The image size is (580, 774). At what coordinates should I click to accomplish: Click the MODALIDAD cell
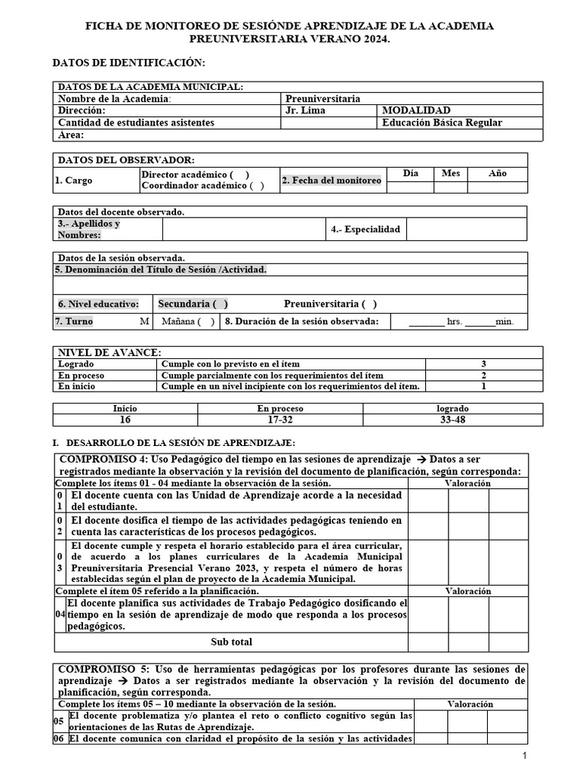click(416, 110)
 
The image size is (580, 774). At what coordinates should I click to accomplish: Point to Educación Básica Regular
click(442, 122)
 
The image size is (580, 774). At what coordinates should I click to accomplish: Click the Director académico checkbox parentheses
click(239, 175)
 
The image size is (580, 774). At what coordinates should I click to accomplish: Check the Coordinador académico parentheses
click(257, 186)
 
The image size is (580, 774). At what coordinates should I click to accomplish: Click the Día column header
click(410, 173)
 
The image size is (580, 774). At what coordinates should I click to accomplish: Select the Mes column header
click(451, 173)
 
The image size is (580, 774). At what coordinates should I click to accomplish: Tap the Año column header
click(497, 173)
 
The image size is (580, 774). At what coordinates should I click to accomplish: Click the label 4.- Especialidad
click(365, 229)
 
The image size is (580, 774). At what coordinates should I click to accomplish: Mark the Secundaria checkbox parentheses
click(220, 304)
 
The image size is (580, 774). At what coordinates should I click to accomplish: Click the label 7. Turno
click(74, 321)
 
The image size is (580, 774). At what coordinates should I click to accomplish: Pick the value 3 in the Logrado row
click(483, 364)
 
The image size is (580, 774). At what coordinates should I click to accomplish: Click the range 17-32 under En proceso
click(280, 419)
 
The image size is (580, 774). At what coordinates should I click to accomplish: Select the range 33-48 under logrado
click(452, 419)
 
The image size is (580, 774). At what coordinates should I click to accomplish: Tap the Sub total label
click(231, 642)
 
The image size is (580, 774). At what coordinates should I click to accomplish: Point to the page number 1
click(523, 756)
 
